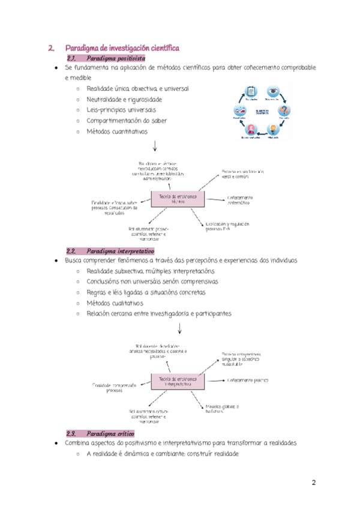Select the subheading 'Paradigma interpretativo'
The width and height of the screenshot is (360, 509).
pos(120,251)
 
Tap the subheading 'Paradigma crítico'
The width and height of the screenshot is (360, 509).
pos(110,433)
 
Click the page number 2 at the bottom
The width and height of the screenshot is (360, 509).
pos(313,483)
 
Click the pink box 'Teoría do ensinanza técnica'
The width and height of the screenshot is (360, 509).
pos(178,199)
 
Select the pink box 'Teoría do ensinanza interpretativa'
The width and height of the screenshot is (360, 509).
pos(178,382)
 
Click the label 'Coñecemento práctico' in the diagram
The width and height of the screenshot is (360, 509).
pos(247,380)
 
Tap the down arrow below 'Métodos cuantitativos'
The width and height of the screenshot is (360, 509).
pos(155,145)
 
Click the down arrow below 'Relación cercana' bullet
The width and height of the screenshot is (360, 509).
pos(179,328)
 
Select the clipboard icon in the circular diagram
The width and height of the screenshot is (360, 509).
pos(252,91)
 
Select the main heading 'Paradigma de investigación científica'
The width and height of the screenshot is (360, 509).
pos(122,47)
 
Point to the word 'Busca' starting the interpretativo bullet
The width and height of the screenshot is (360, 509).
pos(74,261)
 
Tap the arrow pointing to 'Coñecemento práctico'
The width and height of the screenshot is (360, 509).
pos(217,379)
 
